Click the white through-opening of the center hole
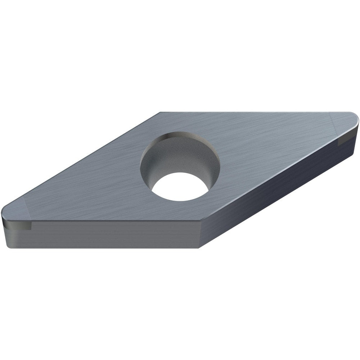(x=180, y=186)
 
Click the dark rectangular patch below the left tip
(x=18, y=226)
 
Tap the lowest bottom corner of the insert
(x=199, y=248)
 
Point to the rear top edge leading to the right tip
(x=252, y=112)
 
